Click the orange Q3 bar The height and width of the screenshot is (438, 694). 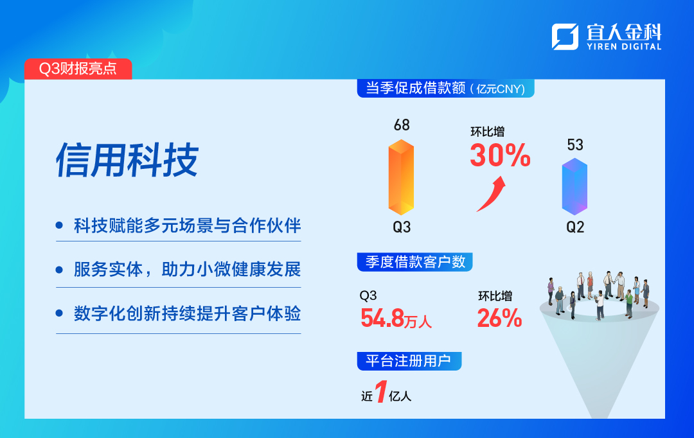click(401, 177)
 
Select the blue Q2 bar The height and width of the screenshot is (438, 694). click(574, 187)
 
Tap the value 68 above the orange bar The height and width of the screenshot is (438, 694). click(402, 125)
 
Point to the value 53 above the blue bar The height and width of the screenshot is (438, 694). click(575, 145)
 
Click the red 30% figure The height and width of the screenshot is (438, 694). click(500, 155)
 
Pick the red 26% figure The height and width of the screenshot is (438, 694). click(500, 318)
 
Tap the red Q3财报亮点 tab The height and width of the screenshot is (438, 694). click(78, 69)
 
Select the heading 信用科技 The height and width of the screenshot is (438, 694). click(127, 160)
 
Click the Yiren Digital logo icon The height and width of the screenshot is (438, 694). click(565, 37)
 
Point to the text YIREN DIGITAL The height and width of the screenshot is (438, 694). click(624, 46)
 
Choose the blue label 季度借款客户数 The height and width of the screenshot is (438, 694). click(414, 262)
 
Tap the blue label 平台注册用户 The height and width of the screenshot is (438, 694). click(409, 361)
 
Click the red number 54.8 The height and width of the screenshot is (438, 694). click(382, 318)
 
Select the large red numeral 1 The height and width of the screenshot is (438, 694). click(381, 392)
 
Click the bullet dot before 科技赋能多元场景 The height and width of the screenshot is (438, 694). click(59, 225)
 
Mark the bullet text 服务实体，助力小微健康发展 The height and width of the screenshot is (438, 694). click(187, 270)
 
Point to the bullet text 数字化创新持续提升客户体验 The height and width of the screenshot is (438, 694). click(187, 313)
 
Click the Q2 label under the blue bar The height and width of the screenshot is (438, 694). click(575, 227)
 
